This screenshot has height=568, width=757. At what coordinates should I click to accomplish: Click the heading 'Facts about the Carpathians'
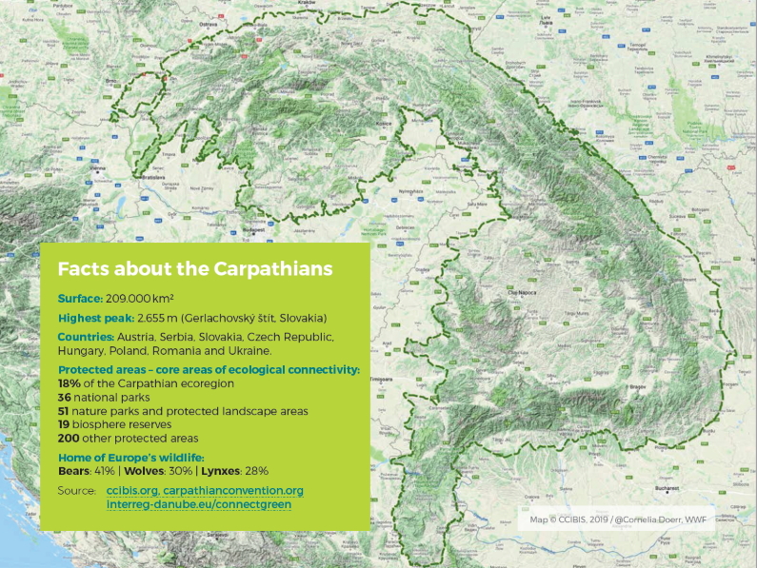pyautogui.click(x=195, y=269)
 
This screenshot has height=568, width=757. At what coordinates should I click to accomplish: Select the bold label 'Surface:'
pyautogui.click(x=79, y=297)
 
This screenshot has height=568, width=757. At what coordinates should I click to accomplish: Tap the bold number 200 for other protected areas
pyautogui.click(x=69, y=439)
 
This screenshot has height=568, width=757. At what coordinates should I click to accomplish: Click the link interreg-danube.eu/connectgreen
pyautogui.click(x=198, y=504)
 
